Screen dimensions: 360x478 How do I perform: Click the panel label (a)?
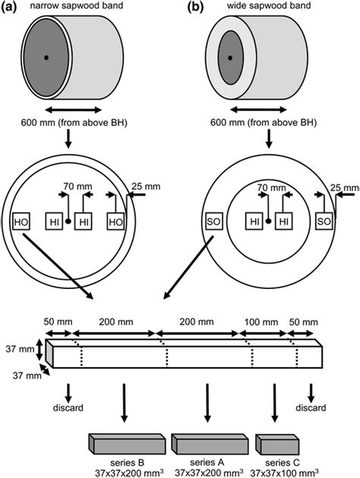(8, 7)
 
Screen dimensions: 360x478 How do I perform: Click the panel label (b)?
(195, 7)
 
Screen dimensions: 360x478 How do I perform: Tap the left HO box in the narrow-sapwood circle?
(21, 222)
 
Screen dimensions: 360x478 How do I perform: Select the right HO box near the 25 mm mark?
(115, 222)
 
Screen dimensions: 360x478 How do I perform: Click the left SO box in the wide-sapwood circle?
(213, 221)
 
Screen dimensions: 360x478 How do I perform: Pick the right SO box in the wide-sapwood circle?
(324, 221)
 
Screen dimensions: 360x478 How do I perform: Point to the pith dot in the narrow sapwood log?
(46, 58)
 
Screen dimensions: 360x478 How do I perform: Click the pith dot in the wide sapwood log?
(230, 58)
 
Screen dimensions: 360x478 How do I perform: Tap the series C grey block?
(277, 445)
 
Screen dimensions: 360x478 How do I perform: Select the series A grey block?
(210, 444)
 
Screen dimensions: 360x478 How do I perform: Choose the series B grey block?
(128, 444)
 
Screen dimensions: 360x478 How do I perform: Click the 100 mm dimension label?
(261, 322)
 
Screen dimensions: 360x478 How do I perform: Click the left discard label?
(68, 407)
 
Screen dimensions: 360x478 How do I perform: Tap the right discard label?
(311, 407)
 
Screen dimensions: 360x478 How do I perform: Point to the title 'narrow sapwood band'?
(77, 5)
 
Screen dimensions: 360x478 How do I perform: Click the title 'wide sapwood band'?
(269, 5)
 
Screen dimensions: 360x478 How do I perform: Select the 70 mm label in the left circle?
(77, 186)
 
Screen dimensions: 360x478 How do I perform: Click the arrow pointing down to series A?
(207, 403)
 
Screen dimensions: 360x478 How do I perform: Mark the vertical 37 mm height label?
(20, 349)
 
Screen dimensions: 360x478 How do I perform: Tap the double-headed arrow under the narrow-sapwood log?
(73, 110)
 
